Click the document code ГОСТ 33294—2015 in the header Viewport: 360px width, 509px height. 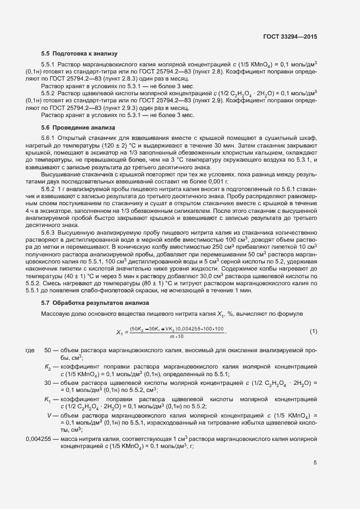[x=290, y=36]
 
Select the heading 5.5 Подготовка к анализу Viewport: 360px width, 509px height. [x=80, y=53]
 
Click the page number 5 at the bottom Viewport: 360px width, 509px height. [x=315, y=463]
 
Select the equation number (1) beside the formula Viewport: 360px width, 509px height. [x=313, y=332]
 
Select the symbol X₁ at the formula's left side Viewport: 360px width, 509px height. [x=120, y=332]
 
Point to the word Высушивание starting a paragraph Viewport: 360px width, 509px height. [x=59, y=174]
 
